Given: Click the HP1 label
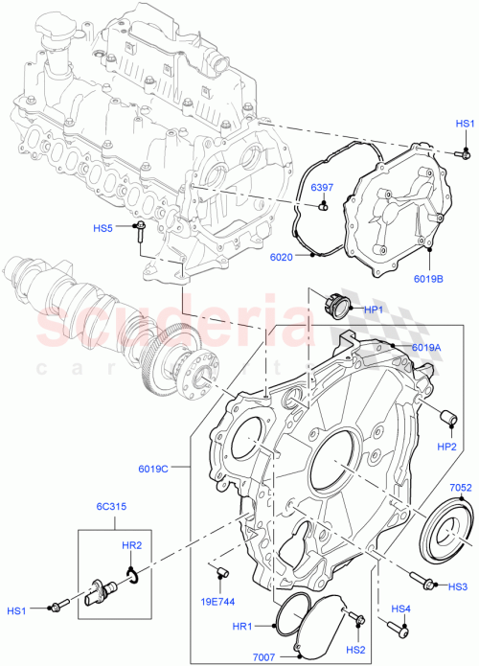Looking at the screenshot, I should click(x=375, y=310).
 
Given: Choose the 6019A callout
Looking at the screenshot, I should click(x=426, y=348).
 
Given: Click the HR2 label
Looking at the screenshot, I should click(x=133, y=546).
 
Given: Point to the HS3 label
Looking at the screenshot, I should click(x=458, y=586).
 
